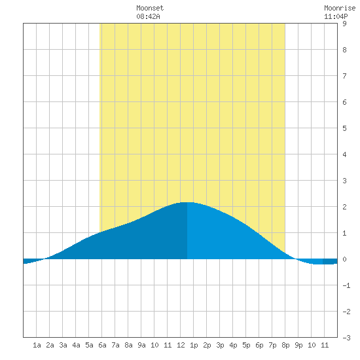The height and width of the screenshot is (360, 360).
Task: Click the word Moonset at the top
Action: pyautogui.click(x=150, y=8)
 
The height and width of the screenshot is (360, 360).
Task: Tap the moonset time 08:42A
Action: pyautogui.click(x=148, y=16)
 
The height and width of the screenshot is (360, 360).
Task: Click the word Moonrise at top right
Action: pyautogui.click(x=340, y=8)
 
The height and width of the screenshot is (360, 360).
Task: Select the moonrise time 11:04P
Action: pyautogui.click(x=336, y=16)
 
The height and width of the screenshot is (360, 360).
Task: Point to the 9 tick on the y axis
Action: pyautogui.click(x=344, y=24)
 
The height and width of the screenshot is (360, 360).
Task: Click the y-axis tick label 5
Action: pyautogui.click(x=344, y=128)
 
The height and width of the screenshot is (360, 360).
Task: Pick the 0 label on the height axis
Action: pyautogui.click(x=344, y=259)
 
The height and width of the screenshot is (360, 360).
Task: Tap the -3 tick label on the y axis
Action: pyautogui.click(x=346, y=338)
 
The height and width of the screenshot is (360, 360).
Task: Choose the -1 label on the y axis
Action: pyautogui.click(x=346, y=285)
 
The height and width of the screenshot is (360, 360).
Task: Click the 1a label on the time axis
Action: pyautogui.click(x=37, y=345)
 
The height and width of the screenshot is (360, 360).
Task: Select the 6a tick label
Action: pyautogui.click(x=102, y=345)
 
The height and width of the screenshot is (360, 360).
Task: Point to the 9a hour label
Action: pyautogui.click(x=141, y=345)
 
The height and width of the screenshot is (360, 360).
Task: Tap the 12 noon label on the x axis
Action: pyautogui.click(x=181, y=345)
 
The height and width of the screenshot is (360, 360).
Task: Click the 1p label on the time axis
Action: pyautogui.click(x=194, y=345)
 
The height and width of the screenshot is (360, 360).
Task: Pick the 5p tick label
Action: pyautogui.click(x=246, y=345)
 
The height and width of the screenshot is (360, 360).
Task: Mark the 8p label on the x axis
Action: pyautogui.click(x=285, y=345)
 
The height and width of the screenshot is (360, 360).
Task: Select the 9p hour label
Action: pyautogui.click(x=298, y=345)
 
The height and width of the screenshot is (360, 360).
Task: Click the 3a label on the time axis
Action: pyautogui.click(x=63, y=345)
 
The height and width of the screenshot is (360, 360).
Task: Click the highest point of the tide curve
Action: pyautogui.click(x=187, y=202)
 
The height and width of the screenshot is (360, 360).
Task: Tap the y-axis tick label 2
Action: pyautogui.click(x=344, y=207)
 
